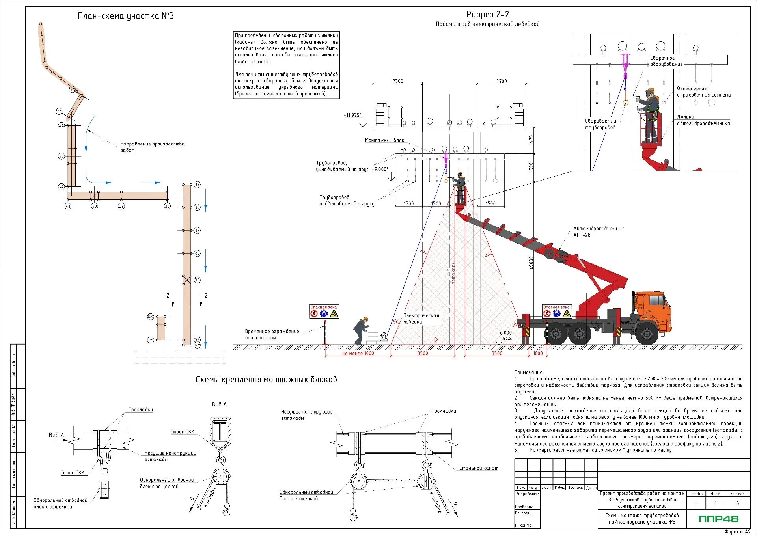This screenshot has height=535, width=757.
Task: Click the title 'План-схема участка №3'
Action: coord(125,16)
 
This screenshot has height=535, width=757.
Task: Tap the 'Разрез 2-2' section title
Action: coord(487,15)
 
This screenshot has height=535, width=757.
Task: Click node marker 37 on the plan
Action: coord(197,185)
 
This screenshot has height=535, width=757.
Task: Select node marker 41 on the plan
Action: coord(68,206)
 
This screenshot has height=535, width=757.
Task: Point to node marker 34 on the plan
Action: coord(197,254)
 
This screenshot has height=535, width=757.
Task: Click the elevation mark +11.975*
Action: coord(352,115)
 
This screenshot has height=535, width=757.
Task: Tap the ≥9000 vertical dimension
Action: coord(531,263)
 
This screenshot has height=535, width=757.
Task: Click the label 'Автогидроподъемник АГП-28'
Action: coord(598,232)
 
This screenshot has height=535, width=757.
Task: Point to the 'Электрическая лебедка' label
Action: coord(420,319)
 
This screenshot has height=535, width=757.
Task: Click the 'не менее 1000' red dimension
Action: coord(358,354)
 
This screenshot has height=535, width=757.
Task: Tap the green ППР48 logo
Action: coord(718,519)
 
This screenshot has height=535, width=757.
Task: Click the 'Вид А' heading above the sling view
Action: coord(219,404)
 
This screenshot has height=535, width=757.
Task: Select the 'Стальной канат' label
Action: coord(478,468)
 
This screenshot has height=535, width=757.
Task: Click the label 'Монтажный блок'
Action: coord(384,140)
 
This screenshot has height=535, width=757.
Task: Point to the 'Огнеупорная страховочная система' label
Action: coord(703,92)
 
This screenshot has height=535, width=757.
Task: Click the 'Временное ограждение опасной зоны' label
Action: coord(272,334)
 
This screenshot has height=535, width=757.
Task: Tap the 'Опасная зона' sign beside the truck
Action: coord(556,311)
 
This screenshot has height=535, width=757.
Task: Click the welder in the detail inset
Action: coord(650,114)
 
